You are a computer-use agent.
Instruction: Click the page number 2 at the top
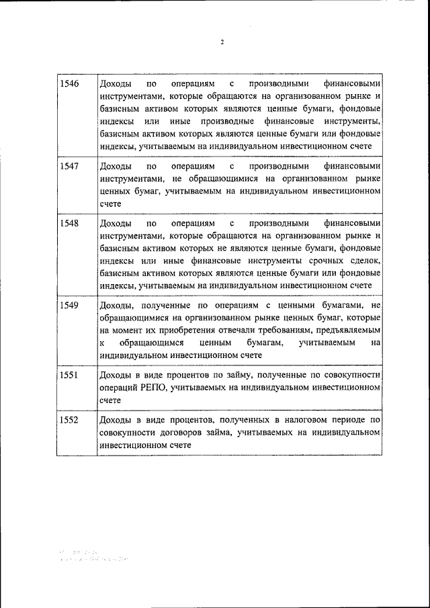click(222, 42)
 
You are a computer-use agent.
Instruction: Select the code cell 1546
click(69, 84)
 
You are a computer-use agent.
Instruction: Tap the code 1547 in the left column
click(69, 165)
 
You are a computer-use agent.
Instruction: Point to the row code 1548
click(69, 223)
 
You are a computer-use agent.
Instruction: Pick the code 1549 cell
click(69, 305)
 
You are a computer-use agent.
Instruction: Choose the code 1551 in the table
click(69, 375)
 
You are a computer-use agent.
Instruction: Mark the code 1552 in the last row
click(69, 420)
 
